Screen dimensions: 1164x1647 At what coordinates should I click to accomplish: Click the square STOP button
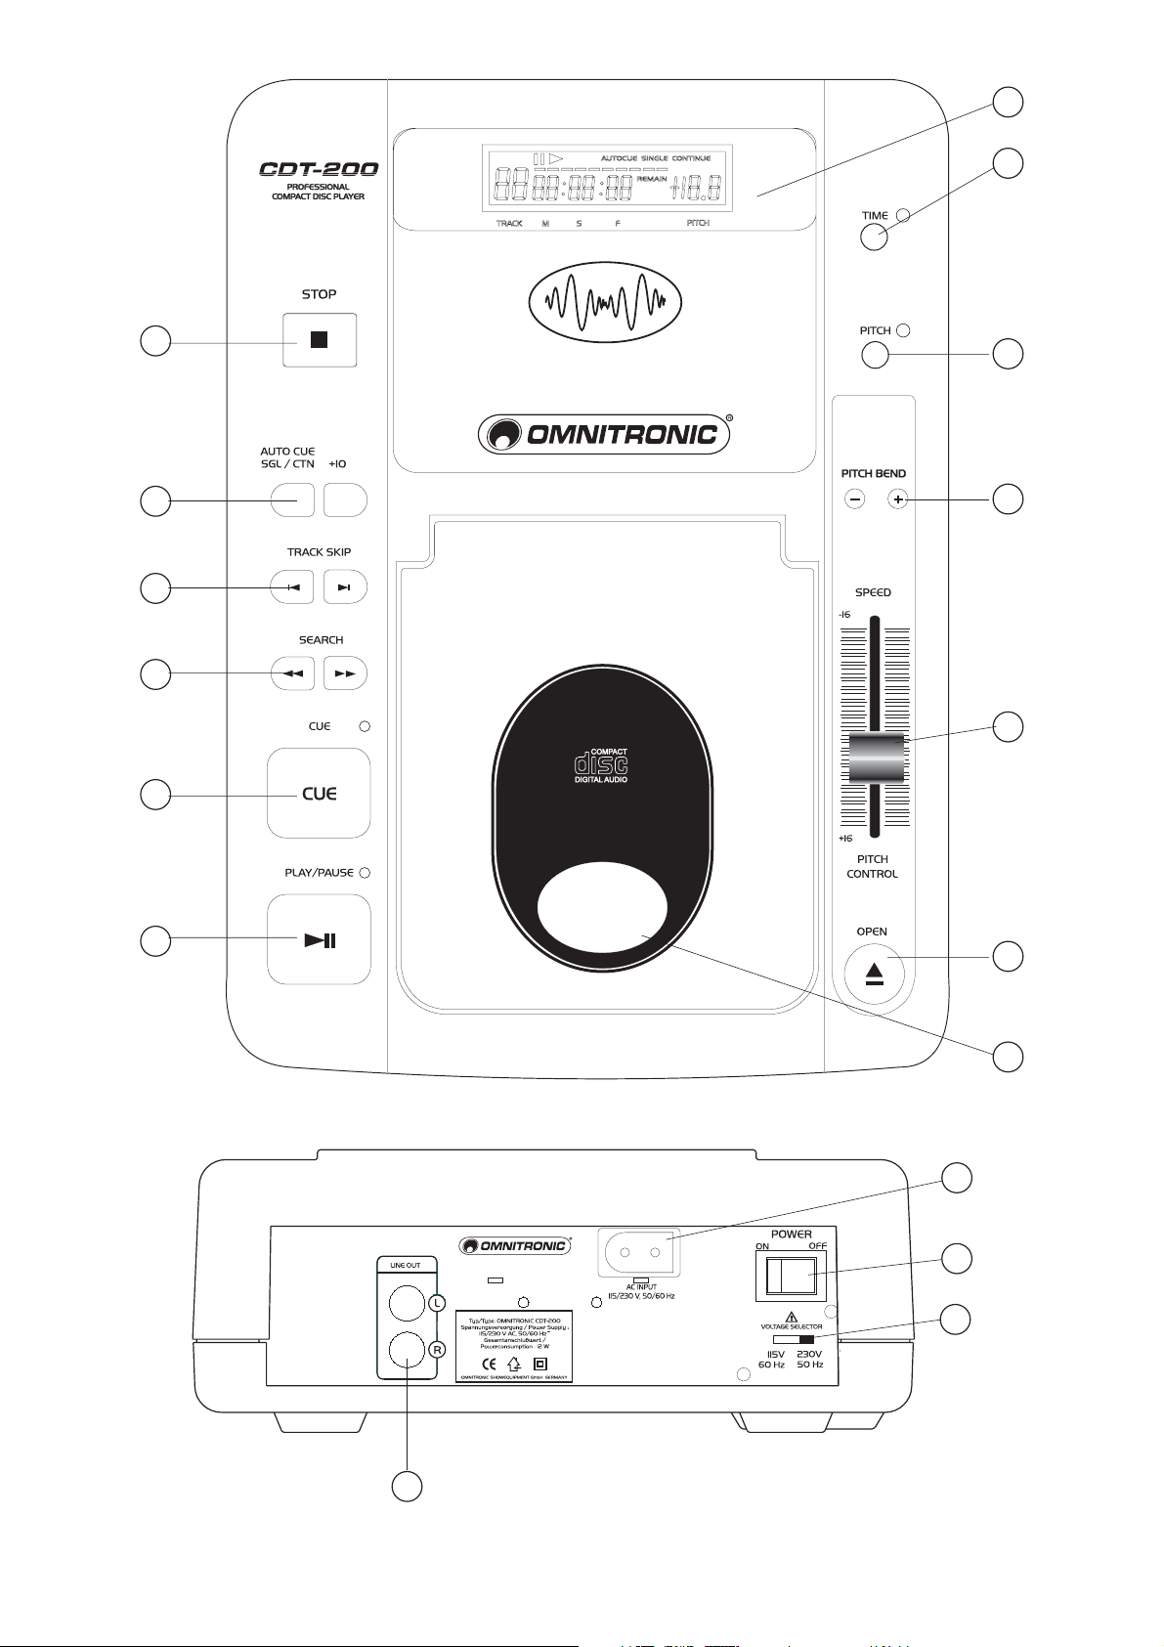click(320, 340)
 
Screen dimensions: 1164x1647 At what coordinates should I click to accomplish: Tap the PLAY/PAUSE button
click(319, 939)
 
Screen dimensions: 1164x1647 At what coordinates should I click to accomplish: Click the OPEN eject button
click(874, 975)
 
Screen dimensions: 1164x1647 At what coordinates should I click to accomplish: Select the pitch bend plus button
click(897, 499)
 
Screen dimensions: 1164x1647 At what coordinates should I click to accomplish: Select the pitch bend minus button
click(854, 499)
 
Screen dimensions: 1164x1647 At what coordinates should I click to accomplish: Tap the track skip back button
click(293, 587)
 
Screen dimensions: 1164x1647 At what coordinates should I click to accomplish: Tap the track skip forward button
click(344, 587)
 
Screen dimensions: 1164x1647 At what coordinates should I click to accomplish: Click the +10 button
click(345, 499)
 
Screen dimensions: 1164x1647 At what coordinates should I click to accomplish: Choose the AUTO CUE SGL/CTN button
click(292, 499)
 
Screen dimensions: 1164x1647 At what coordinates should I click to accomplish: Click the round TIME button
click(874, 237)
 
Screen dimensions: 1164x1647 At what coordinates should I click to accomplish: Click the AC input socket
click(640, 1251)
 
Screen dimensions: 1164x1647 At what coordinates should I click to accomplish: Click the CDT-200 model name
click(319, 169)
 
